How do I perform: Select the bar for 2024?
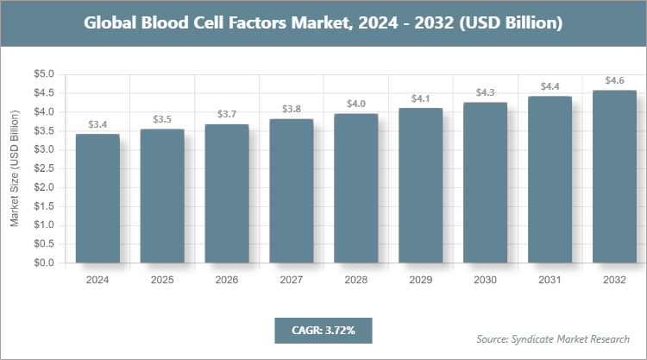pyautogui.click(x=97, y=199)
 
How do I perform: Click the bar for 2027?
pyautogui.click(x=292, y=191)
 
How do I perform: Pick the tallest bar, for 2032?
pyautogui.click(x=614, y=176)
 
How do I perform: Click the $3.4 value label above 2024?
pyautogui.click(x=97, y=125)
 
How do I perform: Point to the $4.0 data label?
pyautogui.click(x=356, y=104)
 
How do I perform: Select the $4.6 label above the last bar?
pyautogui.click(x=614, y=80)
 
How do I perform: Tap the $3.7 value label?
pyautogui.click(x=227, y=115)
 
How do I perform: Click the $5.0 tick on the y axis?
pyautogui.click(x=43, y=74)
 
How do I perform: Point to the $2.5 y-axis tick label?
pyautogui.click(x=43, y=168)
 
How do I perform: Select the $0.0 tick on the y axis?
pyautogui.click(x=43, y=262)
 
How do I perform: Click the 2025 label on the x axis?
pyautogui.click(x=162, y=280)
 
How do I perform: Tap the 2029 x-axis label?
pyautogui.click(x=421, y=280)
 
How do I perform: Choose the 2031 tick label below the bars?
pyautogui.click(x=550, y=280)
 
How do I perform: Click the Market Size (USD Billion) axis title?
pyautogui.click(x=15, y=168)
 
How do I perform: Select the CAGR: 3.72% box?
pyautogui.click(x=322, y=330)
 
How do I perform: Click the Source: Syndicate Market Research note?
pyautogui.click(x=552, y=338)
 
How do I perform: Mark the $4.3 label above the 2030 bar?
pyautogui.click(x=486, y=92)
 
